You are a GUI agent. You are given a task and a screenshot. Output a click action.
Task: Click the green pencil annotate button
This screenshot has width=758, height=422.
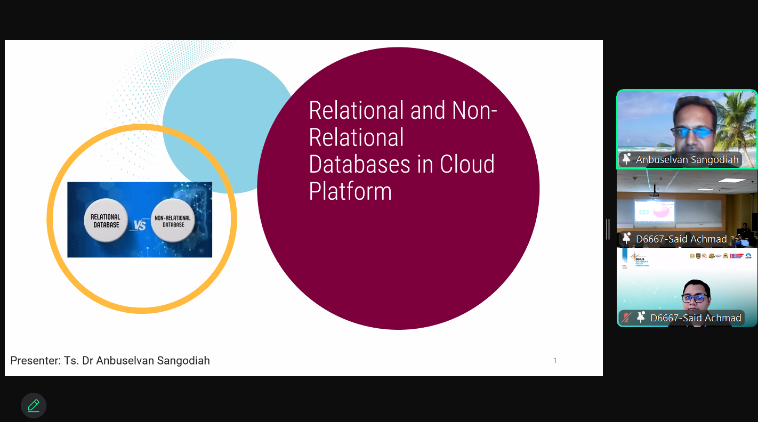34,405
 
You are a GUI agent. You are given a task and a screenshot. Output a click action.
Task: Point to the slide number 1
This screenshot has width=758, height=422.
555,361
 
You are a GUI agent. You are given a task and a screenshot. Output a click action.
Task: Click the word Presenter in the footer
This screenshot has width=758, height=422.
35,361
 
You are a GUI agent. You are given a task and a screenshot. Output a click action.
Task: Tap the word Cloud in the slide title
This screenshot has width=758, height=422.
467,164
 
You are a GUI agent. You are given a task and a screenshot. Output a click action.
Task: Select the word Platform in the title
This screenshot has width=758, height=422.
350,191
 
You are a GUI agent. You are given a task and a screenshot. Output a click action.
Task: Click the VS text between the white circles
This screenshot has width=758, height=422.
140,225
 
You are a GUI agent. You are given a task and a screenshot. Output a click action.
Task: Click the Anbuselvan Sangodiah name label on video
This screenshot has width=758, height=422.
687,160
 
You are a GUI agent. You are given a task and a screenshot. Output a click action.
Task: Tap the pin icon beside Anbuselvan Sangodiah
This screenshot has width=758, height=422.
626,159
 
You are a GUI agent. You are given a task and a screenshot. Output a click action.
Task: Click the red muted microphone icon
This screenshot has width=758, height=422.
626,318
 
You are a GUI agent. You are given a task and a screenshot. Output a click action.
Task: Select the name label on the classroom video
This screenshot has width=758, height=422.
681,239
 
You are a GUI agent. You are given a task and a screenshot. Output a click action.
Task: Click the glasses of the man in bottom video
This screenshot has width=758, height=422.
694,298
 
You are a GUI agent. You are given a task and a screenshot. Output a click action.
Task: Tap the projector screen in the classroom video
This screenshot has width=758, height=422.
655,212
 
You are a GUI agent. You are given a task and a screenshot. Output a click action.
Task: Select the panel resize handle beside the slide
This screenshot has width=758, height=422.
608,229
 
